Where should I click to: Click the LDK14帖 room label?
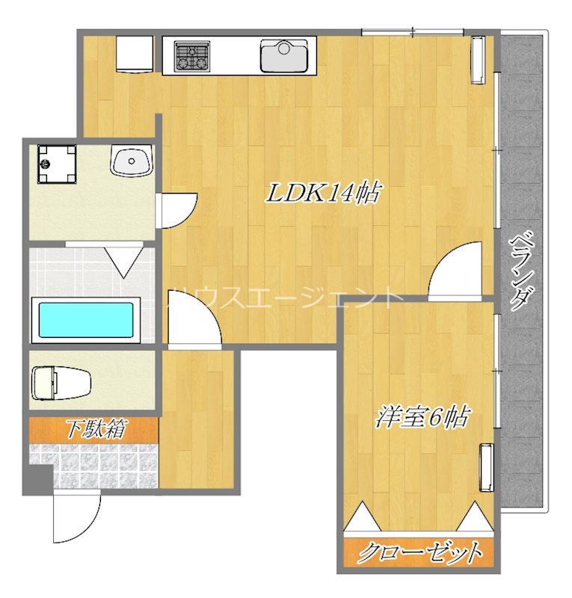[323, 193]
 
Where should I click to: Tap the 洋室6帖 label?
[422, 417]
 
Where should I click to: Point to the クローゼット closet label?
[419, 552]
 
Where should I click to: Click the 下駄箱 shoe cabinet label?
[96, 430]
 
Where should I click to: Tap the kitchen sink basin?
[284, 55]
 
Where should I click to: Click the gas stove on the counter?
[192, 57]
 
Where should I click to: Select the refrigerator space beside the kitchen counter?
[135, 54]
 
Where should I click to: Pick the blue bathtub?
[86, 320]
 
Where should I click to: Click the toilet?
[61, 383]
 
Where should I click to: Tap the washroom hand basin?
[132, 161]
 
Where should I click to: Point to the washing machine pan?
[57, 164]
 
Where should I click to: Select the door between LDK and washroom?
[176, 211]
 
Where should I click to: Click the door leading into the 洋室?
[455, 269]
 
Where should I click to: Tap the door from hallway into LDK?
[194, 319]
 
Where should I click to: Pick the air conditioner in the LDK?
[478, 60]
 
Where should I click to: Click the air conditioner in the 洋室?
[487, 467]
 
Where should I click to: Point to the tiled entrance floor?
[94, 466]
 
